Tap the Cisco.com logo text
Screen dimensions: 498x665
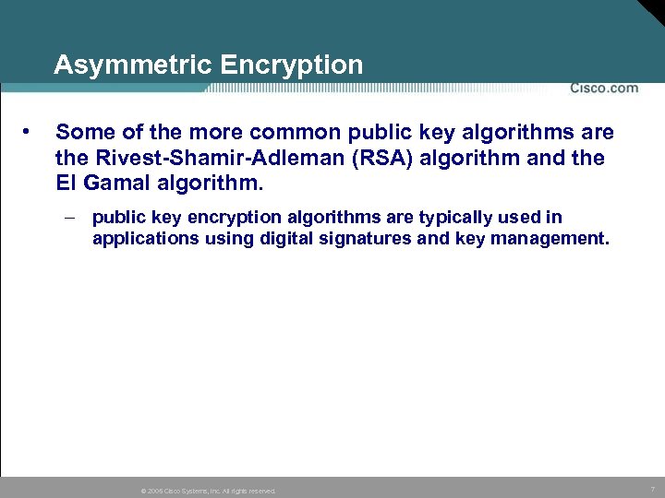603,88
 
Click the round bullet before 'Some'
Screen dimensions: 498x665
31,133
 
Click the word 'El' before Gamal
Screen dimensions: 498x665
66,183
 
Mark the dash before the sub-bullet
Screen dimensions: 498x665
71,218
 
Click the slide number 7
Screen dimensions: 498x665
653,489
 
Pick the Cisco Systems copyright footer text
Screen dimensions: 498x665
208,491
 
